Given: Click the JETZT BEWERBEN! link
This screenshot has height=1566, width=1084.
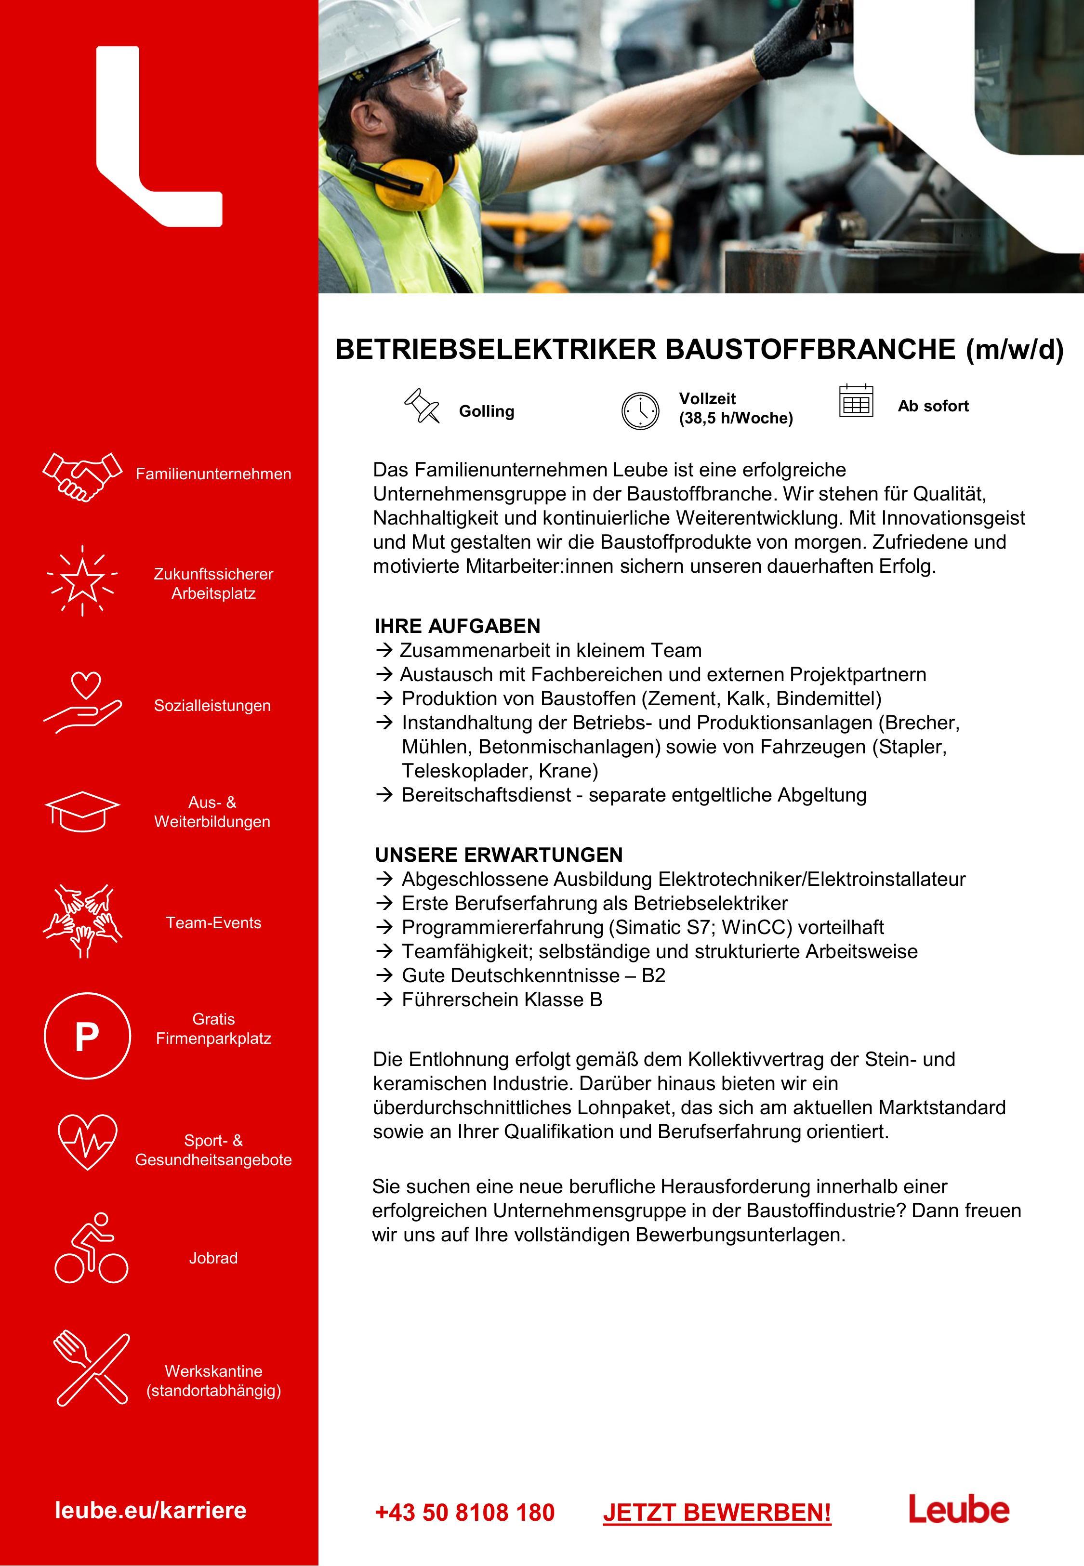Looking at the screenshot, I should tap(716, 1513).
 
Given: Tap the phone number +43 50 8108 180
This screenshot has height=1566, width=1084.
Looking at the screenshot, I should tap(464, 1513).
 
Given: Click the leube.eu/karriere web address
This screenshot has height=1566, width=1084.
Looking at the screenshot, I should tap(150, 1510).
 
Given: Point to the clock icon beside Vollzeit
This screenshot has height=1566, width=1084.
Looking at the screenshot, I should tap(640, 410).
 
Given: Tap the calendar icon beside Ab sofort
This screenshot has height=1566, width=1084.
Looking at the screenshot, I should tap(856, 401).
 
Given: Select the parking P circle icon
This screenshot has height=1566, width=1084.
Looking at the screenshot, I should tap(87, 1036).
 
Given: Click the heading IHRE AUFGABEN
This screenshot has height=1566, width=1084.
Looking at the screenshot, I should tap(457, 625).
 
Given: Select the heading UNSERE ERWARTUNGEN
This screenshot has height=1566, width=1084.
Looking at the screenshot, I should tap(499, 855).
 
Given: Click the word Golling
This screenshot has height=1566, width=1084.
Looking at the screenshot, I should tap(486, 411).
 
